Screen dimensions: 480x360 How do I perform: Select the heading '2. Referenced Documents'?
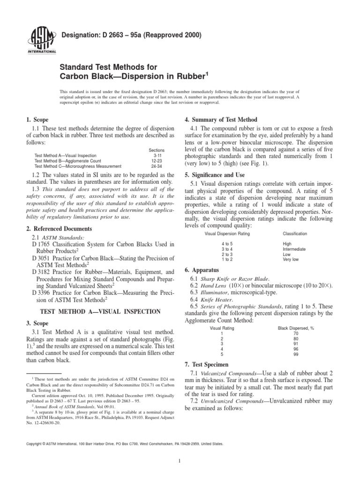point(59,228)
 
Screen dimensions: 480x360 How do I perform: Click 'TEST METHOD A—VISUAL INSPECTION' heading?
point(101,311)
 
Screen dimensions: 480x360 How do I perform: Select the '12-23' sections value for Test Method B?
point(157,160)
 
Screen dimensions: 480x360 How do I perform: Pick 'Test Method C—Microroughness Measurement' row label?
point(78,166)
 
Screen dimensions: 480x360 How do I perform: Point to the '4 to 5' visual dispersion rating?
point(228,244)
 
